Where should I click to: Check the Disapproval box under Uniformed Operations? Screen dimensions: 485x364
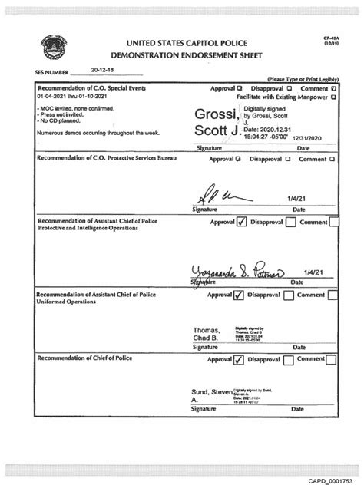click(290, 295)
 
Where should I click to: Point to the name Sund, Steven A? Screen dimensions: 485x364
click(208, 396)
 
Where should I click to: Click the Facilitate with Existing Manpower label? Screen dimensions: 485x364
click(283, 97)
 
